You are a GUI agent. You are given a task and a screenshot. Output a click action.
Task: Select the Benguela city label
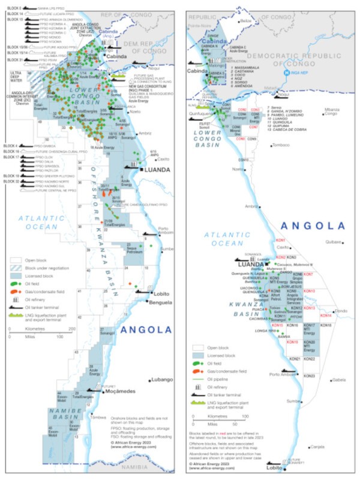(x=152, y=303)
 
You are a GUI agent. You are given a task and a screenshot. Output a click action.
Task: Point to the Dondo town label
(x=341, y=310)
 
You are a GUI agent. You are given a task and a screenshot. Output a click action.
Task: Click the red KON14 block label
(x=326, y=315)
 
